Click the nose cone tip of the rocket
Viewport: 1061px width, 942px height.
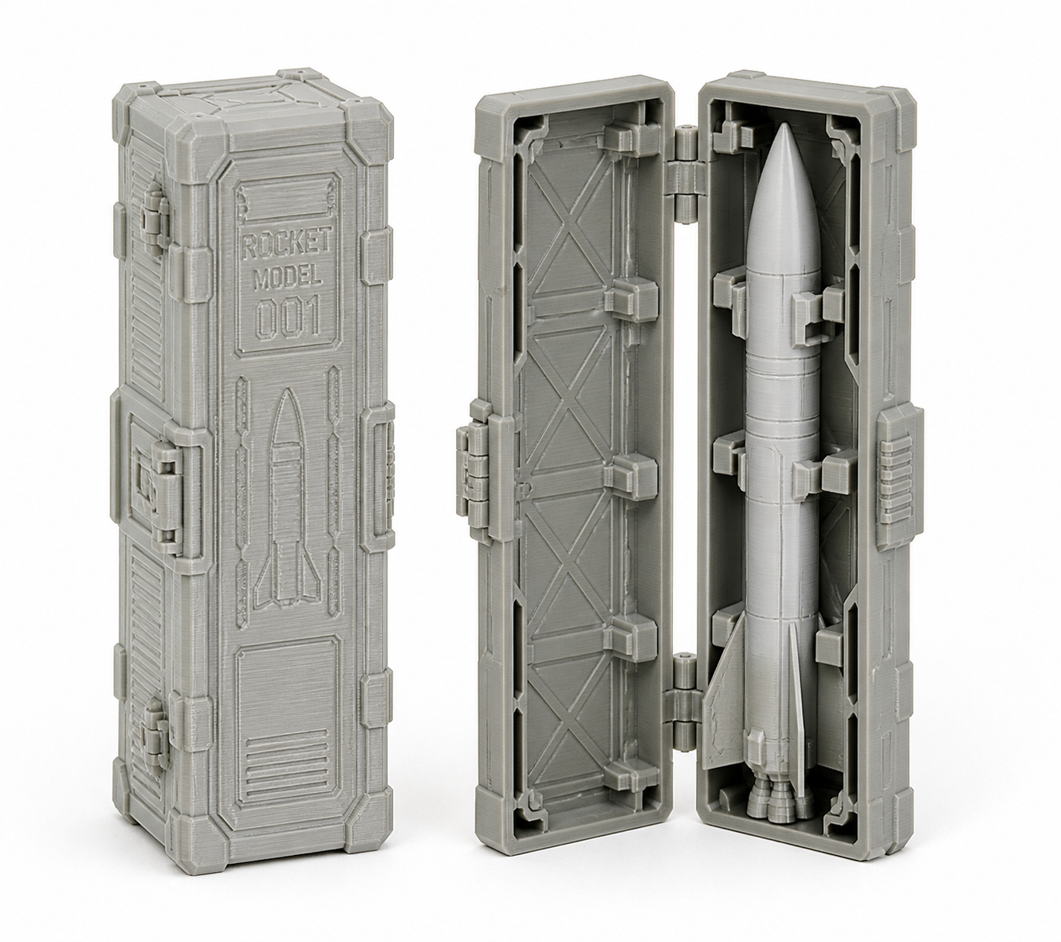[784, 126]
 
